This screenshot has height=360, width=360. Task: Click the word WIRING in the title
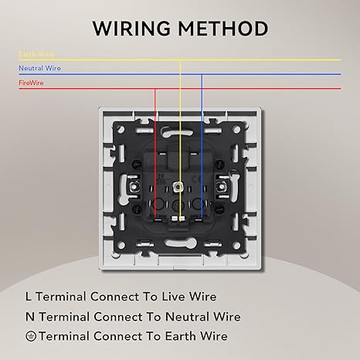click(131, 28)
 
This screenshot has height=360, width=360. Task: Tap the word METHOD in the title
click(223, 28)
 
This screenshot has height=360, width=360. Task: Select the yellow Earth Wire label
click(36, 53)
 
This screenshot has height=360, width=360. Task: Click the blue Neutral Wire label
click(39, 68)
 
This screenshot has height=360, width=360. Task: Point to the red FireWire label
click(31, 83)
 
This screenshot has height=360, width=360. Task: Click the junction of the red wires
click(155, 89)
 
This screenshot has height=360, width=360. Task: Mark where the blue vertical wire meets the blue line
click(202, 74)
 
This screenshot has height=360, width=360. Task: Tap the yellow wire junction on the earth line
click(180, 60)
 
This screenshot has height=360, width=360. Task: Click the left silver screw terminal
click(134, 186)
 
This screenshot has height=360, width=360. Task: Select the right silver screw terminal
click(220, 186)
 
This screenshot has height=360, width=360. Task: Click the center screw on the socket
click(178, 186)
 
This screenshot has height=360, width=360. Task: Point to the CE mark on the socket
click(197, 178)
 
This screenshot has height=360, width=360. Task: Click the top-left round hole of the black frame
click(121, 128)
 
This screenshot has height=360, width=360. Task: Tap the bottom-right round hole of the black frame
click(236, 245)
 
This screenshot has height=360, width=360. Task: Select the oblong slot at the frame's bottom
click(180, 243)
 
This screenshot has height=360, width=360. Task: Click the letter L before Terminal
click(29, 297)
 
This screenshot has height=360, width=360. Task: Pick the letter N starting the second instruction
click(30, 317)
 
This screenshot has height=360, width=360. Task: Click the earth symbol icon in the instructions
click(31, 336)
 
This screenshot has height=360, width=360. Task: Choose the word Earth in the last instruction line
click(180, 336)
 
